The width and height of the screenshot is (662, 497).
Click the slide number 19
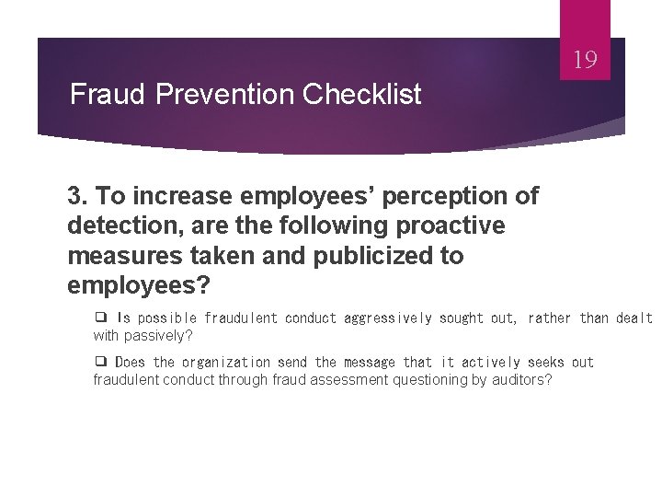coord(586,61)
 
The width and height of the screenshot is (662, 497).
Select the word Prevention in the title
coord(207,94)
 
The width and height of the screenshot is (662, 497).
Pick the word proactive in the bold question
coord(451,225)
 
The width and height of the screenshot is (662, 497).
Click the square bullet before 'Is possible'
coord(100,318)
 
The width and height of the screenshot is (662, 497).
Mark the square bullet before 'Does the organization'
coord(100,362)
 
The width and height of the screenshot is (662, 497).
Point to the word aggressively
coord(387,318)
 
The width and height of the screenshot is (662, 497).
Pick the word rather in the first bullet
coord(549,318)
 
